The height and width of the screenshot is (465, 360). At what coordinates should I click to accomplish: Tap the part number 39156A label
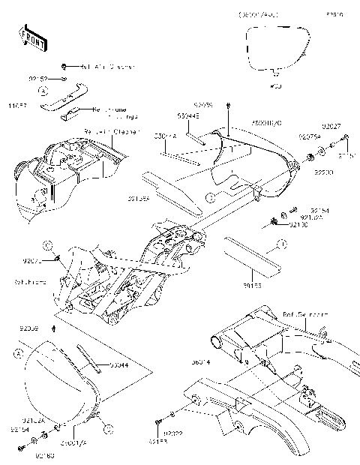pyautogui.click(x=158, y=199)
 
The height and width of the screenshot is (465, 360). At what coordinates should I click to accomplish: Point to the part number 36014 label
pyautogui.click(x=200, y=362)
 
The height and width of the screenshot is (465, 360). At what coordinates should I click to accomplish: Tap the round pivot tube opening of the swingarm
pyautogui.click(x=217, y=344)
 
